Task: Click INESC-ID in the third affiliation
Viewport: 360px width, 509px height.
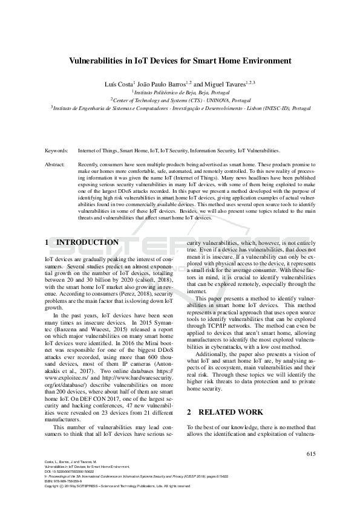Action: [x=274, y=109]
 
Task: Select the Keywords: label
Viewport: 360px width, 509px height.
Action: [x=58, y=150]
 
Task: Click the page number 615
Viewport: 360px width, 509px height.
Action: [x=311, y=454]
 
